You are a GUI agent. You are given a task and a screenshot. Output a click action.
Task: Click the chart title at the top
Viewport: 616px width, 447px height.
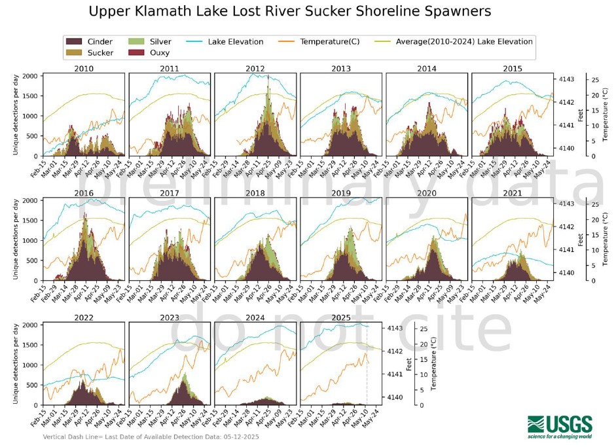pos(289,12)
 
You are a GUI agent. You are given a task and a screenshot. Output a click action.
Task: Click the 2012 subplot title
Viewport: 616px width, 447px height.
pos(255,69)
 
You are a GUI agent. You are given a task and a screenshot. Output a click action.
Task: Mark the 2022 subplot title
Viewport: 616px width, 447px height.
pos(84,318)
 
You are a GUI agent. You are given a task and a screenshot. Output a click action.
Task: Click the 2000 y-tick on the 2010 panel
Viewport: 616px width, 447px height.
pos(29,76)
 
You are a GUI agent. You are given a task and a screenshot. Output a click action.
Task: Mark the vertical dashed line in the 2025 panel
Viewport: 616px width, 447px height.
pos(367,380)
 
